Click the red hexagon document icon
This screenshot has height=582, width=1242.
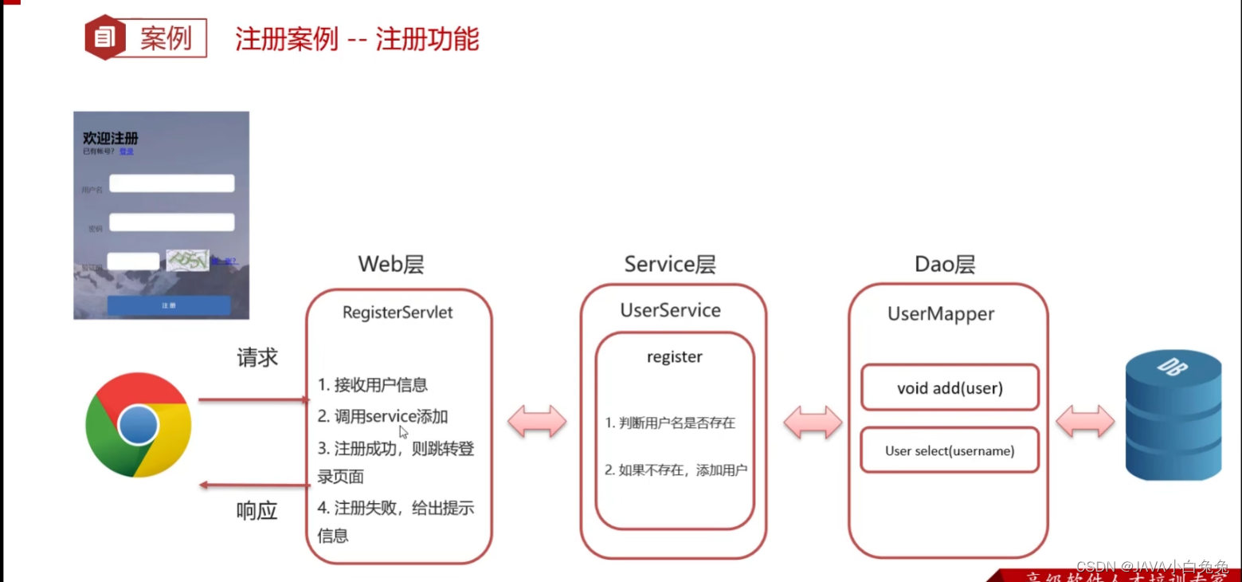click(x=105, y=37)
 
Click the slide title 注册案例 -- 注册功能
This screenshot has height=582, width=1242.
click(x=357, y=39)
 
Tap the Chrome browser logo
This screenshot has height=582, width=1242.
click(x=139, y=424)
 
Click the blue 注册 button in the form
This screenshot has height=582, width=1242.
click(x=169, y=305)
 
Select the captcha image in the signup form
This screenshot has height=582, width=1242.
click(x=187, y=260)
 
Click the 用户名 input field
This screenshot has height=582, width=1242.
click(x=171, y=183)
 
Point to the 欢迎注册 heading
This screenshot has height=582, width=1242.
click(x=111, y=139)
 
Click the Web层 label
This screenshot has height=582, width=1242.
click(x=390, y=265)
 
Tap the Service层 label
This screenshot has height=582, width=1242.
click(x=670, y=265)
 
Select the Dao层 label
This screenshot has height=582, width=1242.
click(x=945, y=265)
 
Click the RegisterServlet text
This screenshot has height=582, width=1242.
click(x=398, y=313)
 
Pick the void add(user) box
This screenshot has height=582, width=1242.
click(x=950, y=388)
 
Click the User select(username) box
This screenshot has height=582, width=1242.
click(x=950, y=450)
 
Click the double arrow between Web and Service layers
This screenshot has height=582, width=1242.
click(x=537, y=421)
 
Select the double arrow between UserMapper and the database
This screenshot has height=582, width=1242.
click(x=1085, y=421)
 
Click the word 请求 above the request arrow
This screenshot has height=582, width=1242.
click(x=257, y=358)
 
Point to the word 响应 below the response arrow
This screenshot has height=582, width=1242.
click(x=257, y=511)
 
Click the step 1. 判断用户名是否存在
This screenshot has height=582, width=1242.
click(x=670, y=423)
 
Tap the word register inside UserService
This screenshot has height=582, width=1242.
click(x=675, y=357)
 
